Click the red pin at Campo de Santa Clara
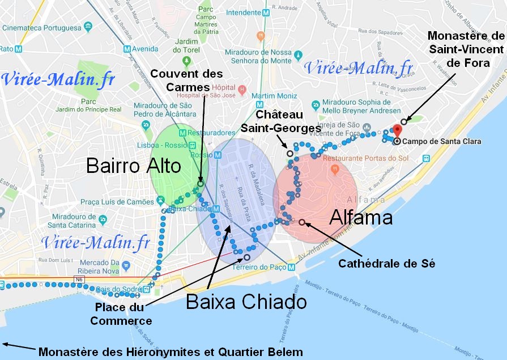[397, 132]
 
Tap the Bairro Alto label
[134, 166]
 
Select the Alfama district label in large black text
[361, 217]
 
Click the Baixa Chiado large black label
[246, 301]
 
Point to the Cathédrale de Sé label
[386, 264]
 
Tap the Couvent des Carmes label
[186, 81]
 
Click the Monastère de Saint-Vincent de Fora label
[466, 49]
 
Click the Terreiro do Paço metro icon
[292, 267]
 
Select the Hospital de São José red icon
[242, 89]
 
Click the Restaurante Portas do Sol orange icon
[335, 168]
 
